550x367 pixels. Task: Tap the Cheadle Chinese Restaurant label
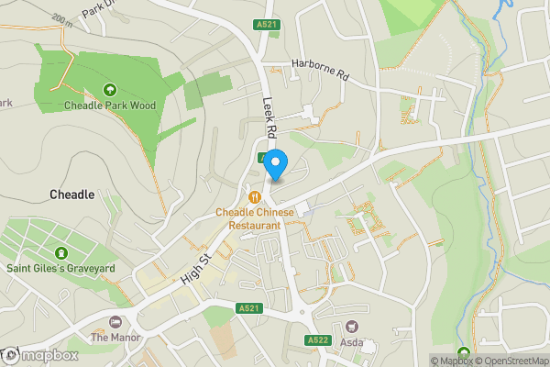pos(255,218)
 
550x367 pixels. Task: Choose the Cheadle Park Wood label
pos(110,106)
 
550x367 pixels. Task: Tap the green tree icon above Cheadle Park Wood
pos(110,89)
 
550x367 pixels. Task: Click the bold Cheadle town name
pos(71,195)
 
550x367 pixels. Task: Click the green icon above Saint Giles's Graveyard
pos(61,252)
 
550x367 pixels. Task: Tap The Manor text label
pos(114,338)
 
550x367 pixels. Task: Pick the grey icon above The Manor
pos(114,322)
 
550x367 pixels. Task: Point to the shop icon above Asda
pos(351,327)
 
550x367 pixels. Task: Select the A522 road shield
pos(318,340)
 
